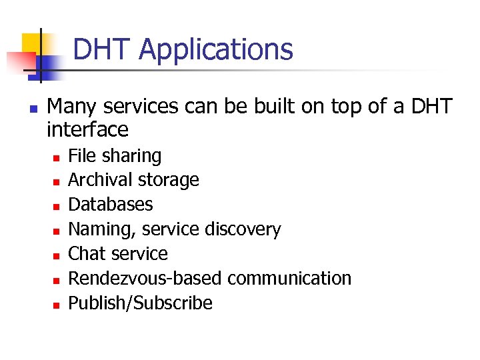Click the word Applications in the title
216,50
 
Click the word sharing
133,156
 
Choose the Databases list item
111,204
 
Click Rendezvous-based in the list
146,278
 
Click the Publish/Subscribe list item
141,303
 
